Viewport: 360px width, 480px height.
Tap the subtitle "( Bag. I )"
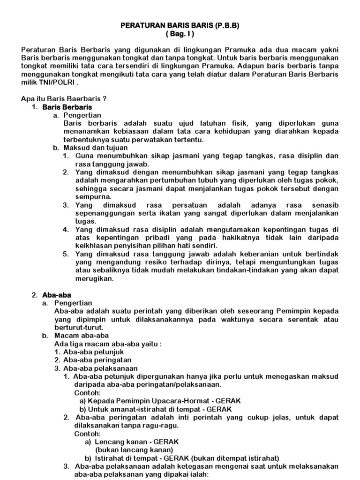tap(180, 34)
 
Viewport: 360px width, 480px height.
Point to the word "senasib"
tap(323, 205)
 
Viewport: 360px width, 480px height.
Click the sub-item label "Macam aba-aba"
tap(82, 336)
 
